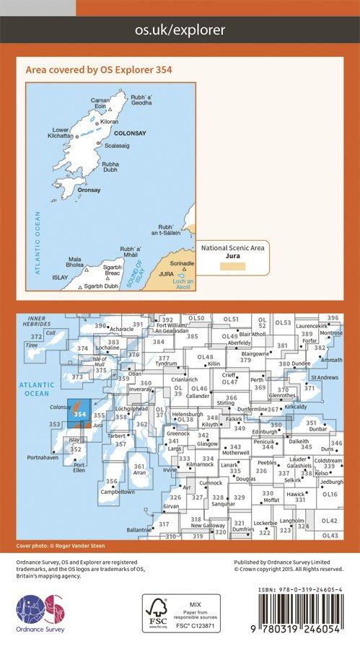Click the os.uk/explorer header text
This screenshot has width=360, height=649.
point(180,30)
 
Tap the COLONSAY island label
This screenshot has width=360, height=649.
point(133,133)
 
